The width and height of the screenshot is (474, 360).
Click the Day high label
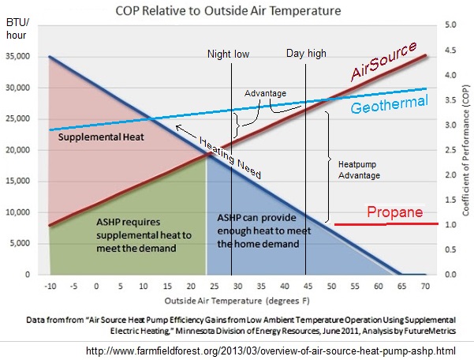(304, 55)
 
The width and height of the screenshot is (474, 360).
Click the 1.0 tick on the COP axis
(451, 225)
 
